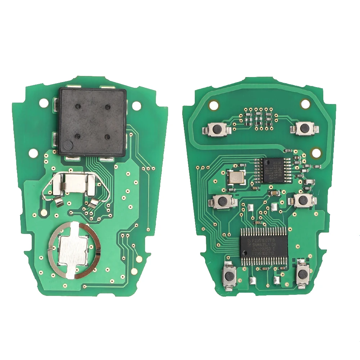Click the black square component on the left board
click(93, 121)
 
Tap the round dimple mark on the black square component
click(67, 145)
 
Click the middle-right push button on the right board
click(303, 201)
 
